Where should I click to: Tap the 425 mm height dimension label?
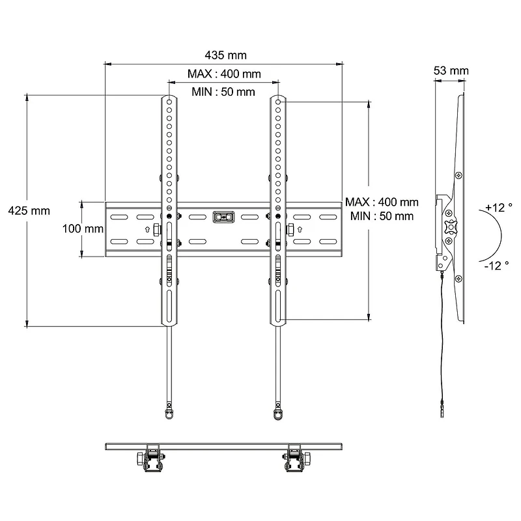click(28, 210)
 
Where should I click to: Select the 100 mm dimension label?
click(83, 229)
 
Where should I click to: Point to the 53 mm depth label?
click(450, 70)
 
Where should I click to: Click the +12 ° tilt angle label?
click(499, 208)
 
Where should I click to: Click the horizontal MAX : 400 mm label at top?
click(224, 74)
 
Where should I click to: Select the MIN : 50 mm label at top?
click(223, 92)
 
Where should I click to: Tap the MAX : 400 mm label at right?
click(382, 203)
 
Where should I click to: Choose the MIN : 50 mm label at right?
click(382, 216)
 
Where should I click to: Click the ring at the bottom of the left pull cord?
click(169, 412)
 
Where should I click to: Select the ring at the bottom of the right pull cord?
click(278, 412)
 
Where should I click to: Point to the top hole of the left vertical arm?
click(169, 102)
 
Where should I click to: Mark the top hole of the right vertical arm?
click(278, 102)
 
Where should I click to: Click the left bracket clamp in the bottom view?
click(152, 458)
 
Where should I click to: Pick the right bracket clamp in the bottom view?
click(294, 458)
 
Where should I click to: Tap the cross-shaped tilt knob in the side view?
click(449, 227)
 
